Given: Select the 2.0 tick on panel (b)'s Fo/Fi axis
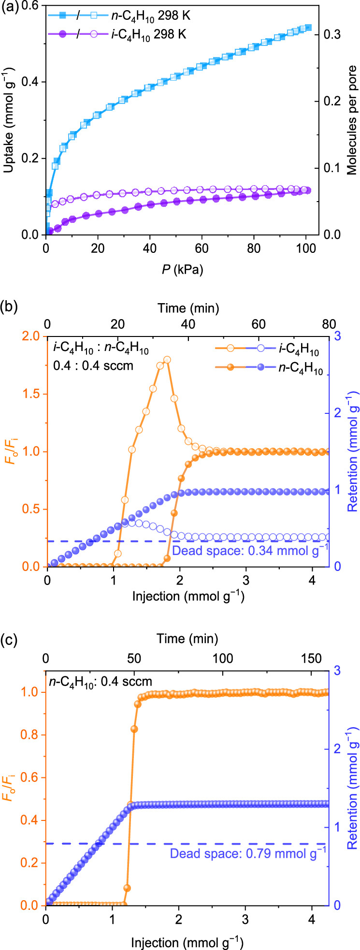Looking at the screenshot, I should (33, 336).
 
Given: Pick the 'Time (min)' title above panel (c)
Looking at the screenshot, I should (187, 639).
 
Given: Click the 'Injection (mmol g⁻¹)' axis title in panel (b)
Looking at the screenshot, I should (188, 596).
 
